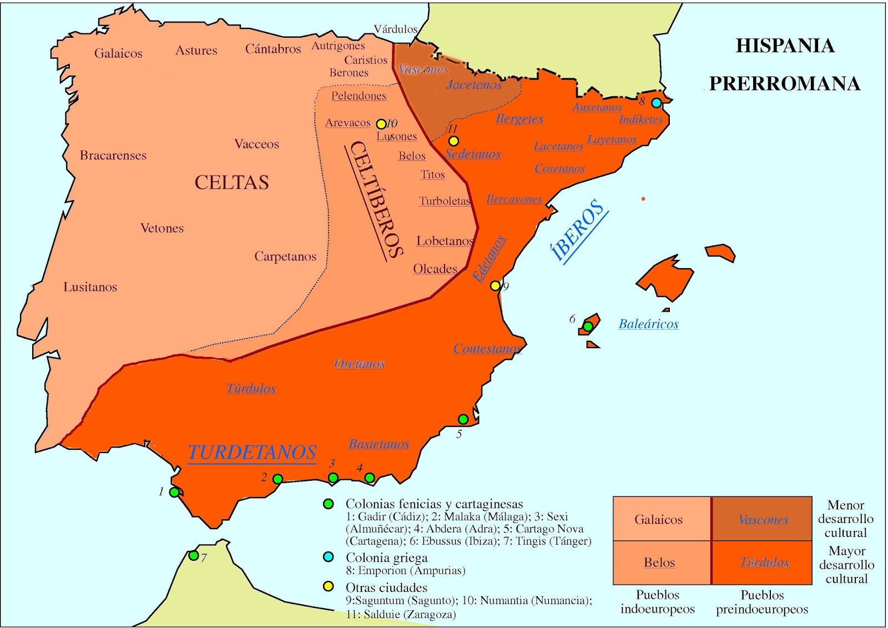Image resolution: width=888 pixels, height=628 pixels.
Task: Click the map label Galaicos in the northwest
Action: (118, 53)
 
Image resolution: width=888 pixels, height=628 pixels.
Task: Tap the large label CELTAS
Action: (231, 182)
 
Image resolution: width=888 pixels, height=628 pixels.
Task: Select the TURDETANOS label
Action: (252, 453)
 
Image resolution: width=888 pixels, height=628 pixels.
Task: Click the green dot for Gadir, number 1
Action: (174, 492)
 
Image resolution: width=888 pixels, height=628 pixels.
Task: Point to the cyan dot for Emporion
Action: (657, 103)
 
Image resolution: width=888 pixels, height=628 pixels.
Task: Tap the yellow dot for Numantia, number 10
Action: (381, 124)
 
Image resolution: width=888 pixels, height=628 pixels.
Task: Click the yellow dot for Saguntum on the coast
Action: (495, 286)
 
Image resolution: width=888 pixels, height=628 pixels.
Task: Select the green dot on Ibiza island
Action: (588, 326)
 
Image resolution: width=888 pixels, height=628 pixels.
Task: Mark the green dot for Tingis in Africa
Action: (193, 555)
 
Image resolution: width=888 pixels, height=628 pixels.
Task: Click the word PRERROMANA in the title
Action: (785, 83)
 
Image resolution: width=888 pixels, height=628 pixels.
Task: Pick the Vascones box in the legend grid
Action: (763, 520)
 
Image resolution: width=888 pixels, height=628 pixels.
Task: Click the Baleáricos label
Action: (648, 324)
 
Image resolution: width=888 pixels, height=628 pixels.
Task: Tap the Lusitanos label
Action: (90, 287)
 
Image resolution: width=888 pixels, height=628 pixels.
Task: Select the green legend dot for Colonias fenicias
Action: (329, 504)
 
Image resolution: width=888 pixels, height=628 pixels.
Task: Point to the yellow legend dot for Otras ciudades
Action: (329, 586)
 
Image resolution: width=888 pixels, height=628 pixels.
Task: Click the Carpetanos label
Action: (285, 257)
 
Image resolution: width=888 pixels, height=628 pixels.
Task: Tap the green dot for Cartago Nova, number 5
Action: (463, 419)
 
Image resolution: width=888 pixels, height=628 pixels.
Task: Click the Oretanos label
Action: (360, 364)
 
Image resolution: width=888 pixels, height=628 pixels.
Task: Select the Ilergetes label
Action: (519, 119)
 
